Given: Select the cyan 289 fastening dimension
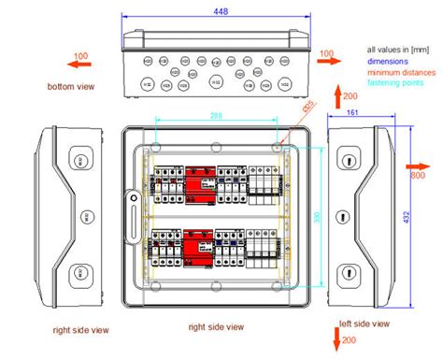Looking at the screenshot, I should tap(215, 114).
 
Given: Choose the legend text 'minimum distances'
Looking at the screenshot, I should tap(400, 72).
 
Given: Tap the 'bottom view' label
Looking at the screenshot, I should tap(71, 87).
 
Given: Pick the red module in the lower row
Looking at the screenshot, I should tap(198, 248).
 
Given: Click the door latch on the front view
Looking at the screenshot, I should tap(133, 199).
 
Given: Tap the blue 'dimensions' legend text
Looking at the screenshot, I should tap(391, 62).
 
